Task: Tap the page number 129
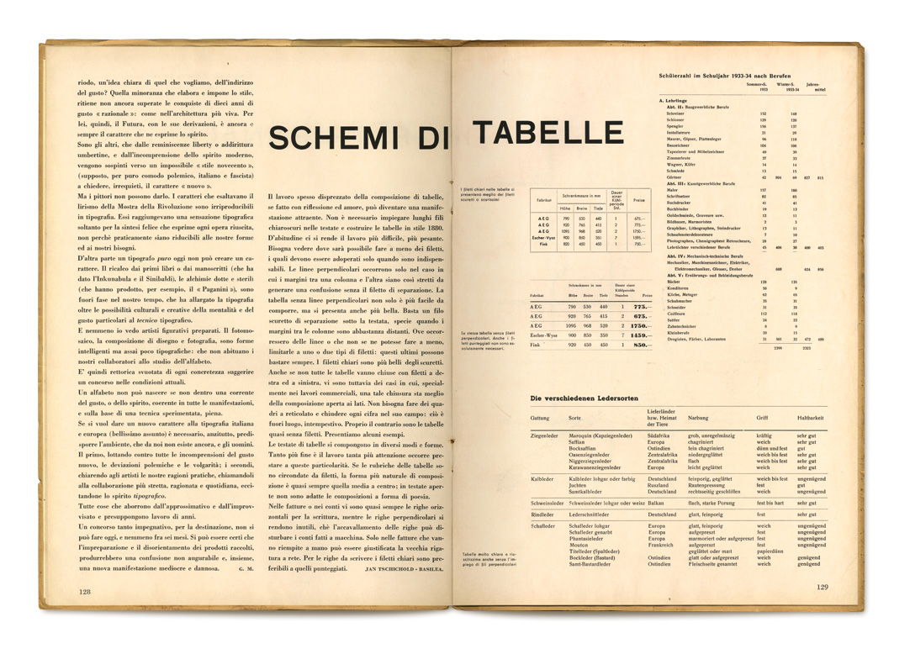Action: (825, 587)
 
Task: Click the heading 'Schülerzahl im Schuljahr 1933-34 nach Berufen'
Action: (725, 76)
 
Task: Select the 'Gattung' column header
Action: (540, 418)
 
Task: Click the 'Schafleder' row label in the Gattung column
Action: (543, 525)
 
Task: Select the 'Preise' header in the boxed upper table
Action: (638, 200)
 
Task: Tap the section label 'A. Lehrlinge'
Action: (674, 101)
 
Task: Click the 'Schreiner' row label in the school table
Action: (675, 113)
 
